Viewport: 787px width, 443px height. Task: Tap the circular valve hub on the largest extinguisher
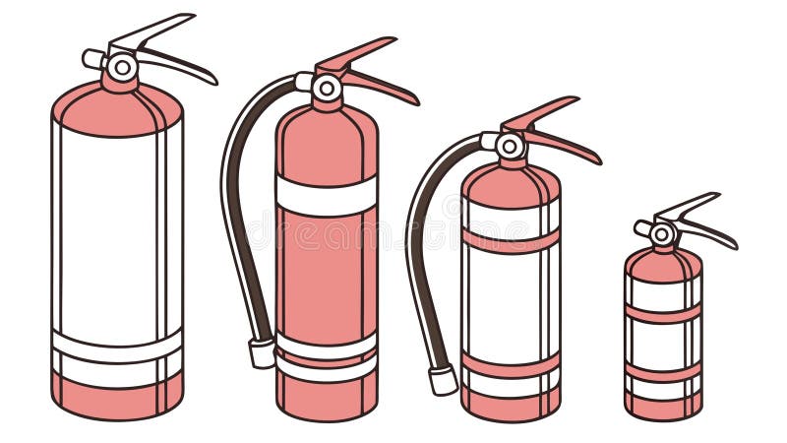click(122, 67)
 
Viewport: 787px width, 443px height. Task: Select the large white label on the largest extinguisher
click(108, 226)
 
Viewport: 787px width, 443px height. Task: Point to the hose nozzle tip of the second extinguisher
click(262, 353)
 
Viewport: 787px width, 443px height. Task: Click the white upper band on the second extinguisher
click(326, 195)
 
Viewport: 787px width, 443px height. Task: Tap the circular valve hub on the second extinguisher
click(327, 89)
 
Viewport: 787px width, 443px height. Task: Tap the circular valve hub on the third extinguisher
click(510, 147)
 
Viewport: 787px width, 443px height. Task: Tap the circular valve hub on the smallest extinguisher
click(663, 234)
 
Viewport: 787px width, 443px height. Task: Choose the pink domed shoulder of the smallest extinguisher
click(663, 262)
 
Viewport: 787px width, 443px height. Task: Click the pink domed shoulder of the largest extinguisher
click(116, 108)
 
